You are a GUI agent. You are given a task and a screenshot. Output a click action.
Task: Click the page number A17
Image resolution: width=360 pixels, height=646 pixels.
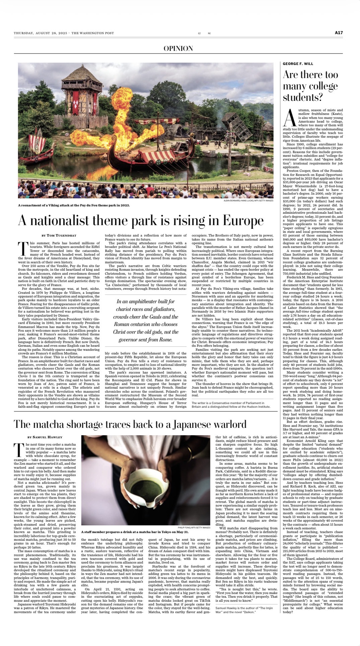point(339,33)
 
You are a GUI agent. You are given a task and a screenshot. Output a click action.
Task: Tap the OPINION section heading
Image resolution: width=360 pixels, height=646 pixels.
point(178,49)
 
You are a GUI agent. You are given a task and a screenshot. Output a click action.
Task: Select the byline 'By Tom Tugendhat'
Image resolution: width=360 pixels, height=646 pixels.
point(59,236)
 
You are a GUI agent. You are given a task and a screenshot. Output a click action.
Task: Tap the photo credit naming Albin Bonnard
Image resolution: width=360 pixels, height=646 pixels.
point(248,201)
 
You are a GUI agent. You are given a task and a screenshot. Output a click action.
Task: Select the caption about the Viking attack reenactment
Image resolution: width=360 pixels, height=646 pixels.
point(74,205)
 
